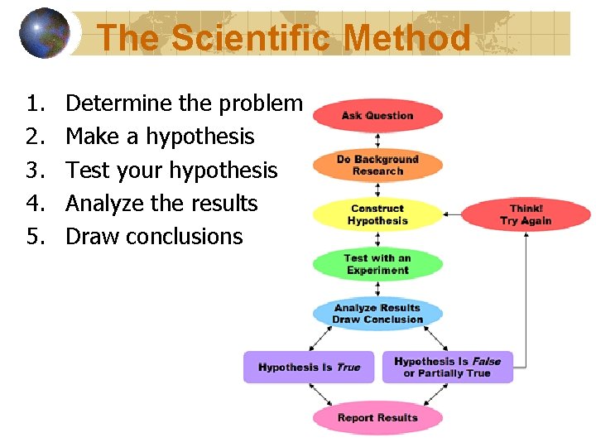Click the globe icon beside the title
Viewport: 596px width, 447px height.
coord(45,33)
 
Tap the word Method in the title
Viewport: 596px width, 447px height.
coord(406,38)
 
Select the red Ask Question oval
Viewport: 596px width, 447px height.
coord(377,116)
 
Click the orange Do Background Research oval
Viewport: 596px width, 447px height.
coord(377,165)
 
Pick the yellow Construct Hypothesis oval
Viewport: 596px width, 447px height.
coord(377,214)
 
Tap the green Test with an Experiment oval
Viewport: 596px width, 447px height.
coord(377,264)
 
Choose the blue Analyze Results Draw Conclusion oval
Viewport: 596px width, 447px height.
coord(377,314)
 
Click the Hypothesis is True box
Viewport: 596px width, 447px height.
coord(309,367)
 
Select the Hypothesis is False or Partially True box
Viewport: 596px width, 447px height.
coord(448,367)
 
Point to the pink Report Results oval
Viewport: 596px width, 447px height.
coord(377,417)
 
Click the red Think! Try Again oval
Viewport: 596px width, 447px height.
coord(526,214)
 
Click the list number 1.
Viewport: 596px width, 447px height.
coord(34,103)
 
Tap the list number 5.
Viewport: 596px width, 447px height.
coord(34,237)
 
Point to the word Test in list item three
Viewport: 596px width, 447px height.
coord(87,170)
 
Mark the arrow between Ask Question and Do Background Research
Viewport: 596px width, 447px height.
coord(377,140)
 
